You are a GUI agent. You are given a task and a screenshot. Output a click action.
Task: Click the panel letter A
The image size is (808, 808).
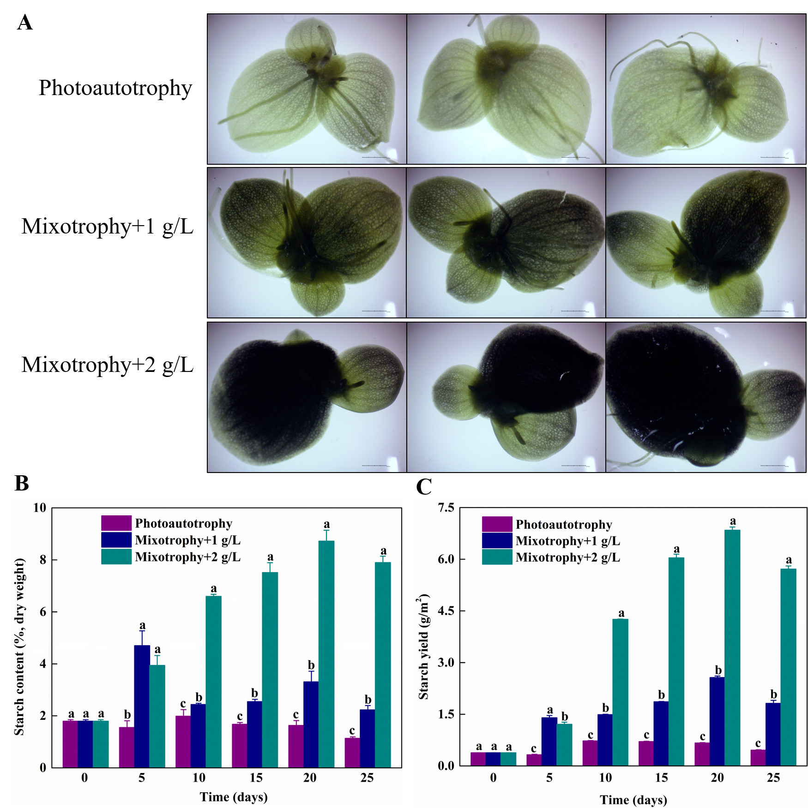[x=25, y=22]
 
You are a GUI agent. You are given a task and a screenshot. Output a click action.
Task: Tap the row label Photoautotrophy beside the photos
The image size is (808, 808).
[x=115, y=88]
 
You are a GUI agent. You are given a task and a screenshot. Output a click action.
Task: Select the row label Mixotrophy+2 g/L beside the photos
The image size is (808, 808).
[x=107, y=365]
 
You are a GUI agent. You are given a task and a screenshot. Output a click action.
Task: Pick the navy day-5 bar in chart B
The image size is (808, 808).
[x=142, y=706]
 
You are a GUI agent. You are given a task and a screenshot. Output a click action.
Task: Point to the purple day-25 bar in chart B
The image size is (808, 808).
[x=352, y=753]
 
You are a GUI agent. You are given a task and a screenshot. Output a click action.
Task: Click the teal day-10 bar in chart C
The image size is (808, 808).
[x=620, y=692]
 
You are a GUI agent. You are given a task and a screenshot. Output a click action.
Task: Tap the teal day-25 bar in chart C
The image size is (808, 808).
[x=788, y=667]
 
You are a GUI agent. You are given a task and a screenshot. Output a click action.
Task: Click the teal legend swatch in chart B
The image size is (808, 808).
[x=116, y=557]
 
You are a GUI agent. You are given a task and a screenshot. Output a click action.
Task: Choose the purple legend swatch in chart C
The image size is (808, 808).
[x=497, y=524]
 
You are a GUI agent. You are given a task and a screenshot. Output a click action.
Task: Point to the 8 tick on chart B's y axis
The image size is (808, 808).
[x=43, y=560]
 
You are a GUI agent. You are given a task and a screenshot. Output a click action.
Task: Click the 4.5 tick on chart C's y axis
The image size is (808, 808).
[x=446, y=610]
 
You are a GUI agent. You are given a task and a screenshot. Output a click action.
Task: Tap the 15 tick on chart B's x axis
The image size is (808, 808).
[x=256, y=778]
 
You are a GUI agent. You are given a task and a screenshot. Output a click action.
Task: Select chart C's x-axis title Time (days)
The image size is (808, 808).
[x=633, y=800]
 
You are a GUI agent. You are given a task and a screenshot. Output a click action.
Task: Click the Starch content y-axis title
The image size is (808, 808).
[x=19, y=646]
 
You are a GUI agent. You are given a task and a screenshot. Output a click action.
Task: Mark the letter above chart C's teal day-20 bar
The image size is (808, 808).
[x=733, y=521]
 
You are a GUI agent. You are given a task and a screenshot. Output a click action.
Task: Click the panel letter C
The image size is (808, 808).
[x=424, y=487]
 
